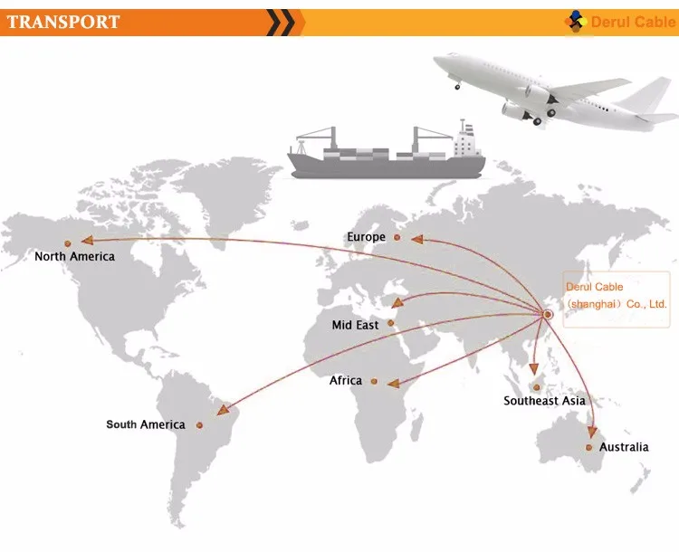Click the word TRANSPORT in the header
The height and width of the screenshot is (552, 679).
(x=63, y=22)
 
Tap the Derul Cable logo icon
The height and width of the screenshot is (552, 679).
(x=576, y=22)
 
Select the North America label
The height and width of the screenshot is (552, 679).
(x=74, y=256)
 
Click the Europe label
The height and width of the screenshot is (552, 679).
(x=366, y=237)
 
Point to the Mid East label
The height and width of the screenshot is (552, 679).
(x=355, y=325)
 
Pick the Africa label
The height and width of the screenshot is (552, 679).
(x=345, y=381)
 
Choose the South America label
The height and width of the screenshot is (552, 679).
(x=145, y=424)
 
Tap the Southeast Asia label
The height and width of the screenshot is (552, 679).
(x=544, y=401)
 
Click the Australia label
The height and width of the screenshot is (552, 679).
(x=624, y=447)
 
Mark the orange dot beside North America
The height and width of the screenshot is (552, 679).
(x=67, y=243)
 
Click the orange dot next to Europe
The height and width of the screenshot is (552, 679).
(x=395, y=237)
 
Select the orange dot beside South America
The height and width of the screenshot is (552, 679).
(x=200, y=424)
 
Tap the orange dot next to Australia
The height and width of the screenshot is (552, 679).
(x=589, y=447)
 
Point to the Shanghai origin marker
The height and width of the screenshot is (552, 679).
(x=549, y=314)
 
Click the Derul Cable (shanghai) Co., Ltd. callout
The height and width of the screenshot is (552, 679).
(x=616, y=295)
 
